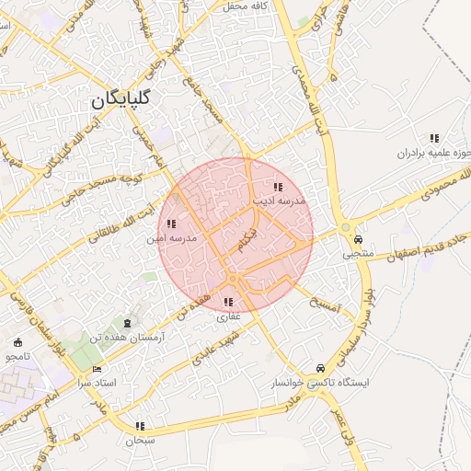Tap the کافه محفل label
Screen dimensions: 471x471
[245, 6]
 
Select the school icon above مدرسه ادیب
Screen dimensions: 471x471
[278, 187]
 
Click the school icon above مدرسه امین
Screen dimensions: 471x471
[171, 224]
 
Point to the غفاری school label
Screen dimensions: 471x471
[227, 316]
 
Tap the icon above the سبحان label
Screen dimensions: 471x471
[141, 426]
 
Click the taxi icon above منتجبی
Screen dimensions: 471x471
[359, 238]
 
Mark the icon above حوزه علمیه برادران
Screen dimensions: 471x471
[434, 138]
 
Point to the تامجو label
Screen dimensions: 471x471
[17, 356]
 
